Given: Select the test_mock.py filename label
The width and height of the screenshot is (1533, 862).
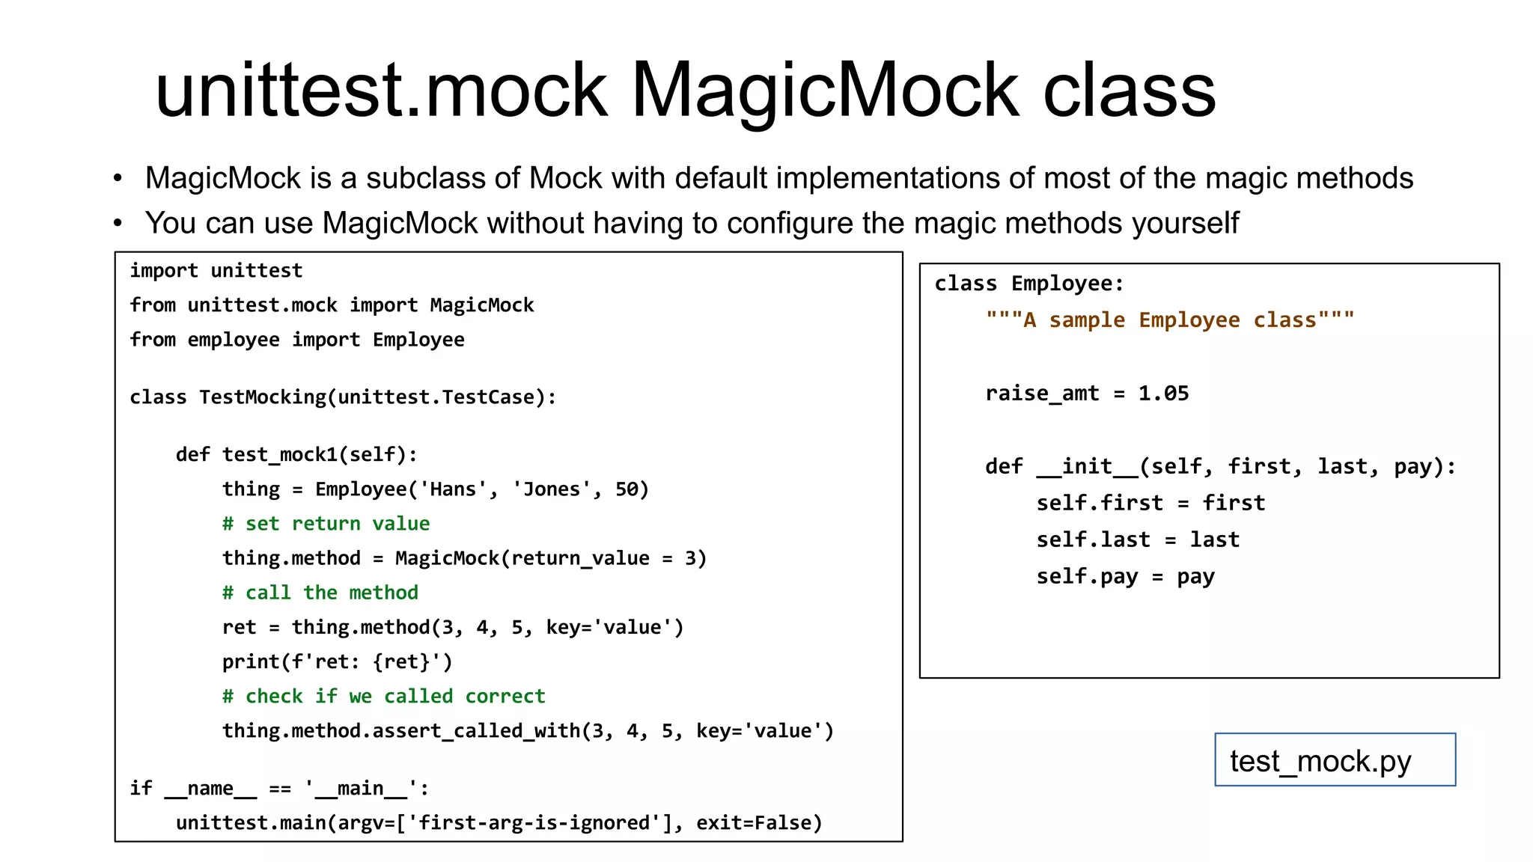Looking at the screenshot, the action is [x=1320, y=761].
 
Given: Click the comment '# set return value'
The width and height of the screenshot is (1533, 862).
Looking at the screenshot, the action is [x=326, y=524].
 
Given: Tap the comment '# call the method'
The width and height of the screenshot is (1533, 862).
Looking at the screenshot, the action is [x=320, y=593].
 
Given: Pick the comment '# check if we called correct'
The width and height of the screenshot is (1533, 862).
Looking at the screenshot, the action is [x=384, y=697].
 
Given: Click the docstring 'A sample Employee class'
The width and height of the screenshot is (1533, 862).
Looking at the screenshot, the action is [x=1170, y=320].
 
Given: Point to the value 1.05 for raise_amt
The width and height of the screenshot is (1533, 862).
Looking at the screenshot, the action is [x=1163, y=394].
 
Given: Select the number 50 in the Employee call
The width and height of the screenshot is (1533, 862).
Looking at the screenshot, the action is [x=627, y=489].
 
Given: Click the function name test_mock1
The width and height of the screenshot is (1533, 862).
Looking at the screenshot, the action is [x=279, y=455].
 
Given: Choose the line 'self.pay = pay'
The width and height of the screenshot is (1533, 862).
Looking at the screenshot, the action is [x=1125, y=577].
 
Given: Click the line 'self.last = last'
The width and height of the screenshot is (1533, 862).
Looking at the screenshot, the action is [x=1138, y=540].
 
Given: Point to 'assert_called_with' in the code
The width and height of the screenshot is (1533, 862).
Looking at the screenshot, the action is [x=476, y=731].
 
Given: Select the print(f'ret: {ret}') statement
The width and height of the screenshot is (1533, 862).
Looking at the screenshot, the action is [x=337, y=662].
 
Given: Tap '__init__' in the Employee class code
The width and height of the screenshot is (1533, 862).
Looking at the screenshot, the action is [x=1087, y=467].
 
